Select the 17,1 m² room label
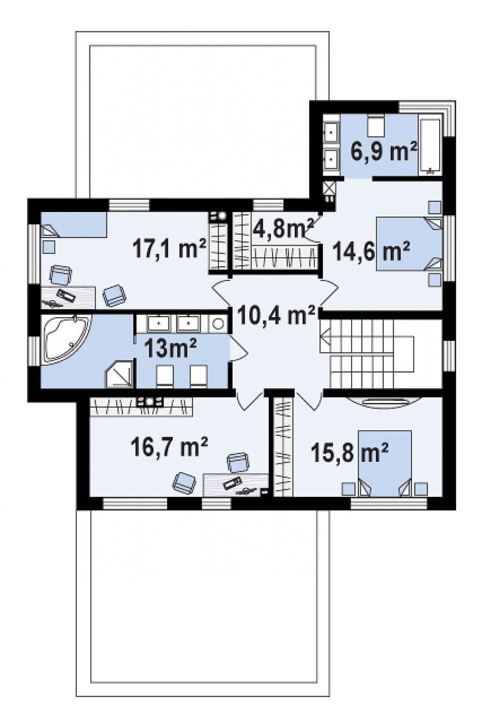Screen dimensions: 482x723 tap(169, 249)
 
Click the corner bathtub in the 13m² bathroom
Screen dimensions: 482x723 tap(66, 339)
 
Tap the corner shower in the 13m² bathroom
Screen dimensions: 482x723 tap(119, 374)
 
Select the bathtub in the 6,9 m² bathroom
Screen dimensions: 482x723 tap(430, 147)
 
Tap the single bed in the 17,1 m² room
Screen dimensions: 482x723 tap(74, 224)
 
